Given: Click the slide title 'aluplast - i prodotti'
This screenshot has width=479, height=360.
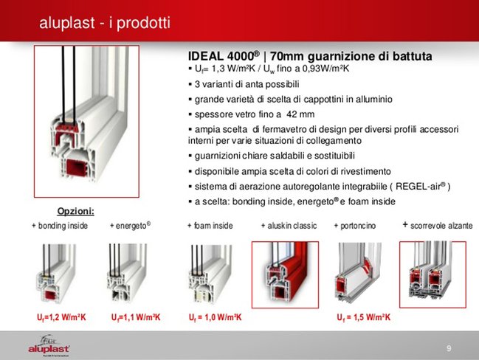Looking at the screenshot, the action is tap(105, 23).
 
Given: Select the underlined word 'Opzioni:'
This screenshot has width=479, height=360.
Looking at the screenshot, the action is tap(76, 211).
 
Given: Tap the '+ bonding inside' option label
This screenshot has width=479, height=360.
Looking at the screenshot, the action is tap(60, 226).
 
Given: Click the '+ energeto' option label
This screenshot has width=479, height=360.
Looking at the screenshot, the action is tap(130, 226).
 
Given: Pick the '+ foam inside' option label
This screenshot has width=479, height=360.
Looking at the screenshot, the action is tap(210, 226).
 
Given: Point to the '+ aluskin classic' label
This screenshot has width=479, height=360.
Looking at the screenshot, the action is tap(289, 226).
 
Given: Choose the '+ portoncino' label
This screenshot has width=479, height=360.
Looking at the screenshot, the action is tap(355, 226).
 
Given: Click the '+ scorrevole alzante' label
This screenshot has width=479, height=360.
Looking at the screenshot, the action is tap(438, 225).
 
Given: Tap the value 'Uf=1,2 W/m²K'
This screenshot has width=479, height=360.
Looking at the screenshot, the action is tap(61, 317).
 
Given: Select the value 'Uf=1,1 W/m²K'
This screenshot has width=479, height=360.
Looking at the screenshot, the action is tap(136, 317).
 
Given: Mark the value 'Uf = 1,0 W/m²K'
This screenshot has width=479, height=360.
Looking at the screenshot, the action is tap(216, 317).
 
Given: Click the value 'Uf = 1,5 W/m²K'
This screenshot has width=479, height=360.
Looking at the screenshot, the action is tap(364, 317).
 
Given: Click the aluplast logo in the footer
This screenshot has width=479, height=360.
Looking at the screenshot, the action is tap(49, 346).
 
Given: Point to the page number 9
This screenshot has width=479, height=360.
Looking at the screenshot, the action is tap(449, 348).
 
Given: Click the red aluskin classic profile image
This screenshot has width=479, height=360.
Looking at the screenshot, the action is tap(285, 275).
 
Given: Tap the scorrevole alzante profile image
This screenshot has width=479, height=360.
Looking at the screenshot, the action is tap(433, 274).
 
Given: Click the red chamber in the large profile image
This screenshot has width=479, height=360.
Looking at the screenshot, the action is tap(76, 168).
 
